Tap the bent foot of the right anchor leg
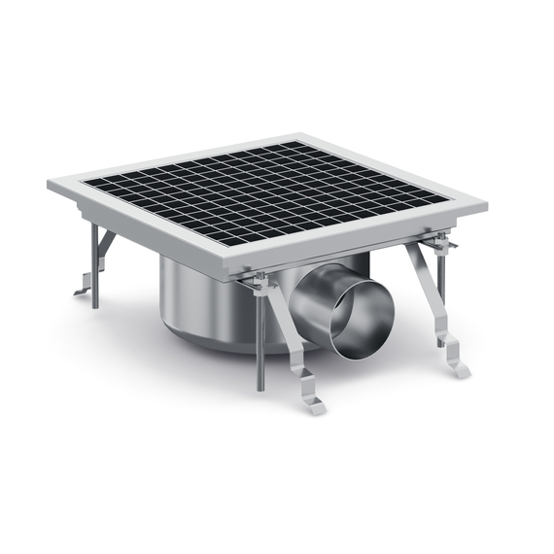pos(455,366)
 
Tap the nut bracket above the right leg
pos(439,243)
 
